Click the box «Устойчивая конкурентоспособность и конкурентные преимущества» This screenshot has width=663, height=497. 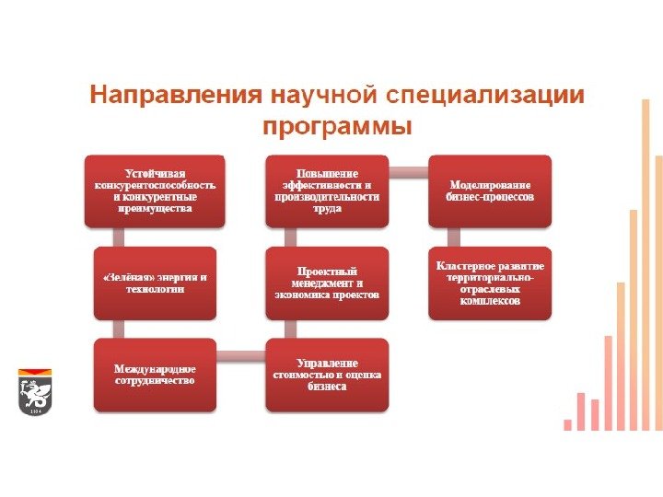coord(155,191)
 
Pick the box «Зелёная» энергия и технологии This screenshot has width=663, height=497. coord(155,283)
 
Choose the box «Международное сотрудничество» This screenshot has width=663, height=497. coord(155,375)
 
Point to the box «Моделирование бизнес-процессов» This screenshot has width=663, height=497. coord(489,191)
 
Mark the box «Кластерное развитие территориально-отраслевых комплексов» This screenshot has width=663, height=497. coord(489,283)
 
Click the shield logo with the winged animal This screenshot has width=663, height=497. coord(35,392)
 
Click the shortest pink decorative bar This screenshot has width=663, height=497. coord(568,424)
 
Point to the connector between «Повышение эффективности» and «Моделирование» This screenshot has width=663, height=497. coord(408,170)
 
